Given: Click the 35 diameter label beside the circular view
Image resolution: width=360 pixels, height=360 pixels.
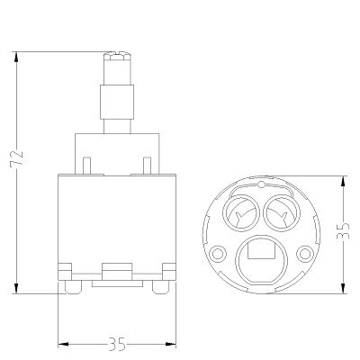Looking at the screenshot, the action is [343, 231].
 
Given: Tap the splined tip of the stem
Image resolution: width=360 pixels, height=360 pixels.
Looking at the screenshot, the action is [117, 57].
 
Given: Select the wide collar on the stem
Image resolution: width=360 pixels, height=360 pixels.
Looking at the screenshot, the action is [117, 102].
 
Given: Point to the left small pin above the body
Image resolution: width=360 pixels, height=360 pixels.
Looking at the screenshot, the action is [86, 165].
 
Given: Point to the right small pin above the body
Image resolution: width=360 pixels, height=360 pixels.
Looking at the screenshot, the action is [147, 165].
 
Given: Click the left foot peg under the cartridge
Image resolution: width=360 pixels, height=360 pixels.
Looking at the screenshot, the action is [73, 287].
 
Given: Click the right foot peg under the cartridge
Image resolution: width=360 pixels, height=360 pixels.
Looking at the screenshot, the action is [161, 287].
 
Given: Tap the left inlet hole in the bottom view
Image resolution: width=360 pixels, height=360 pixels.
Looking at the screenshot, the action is [241, 213].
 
